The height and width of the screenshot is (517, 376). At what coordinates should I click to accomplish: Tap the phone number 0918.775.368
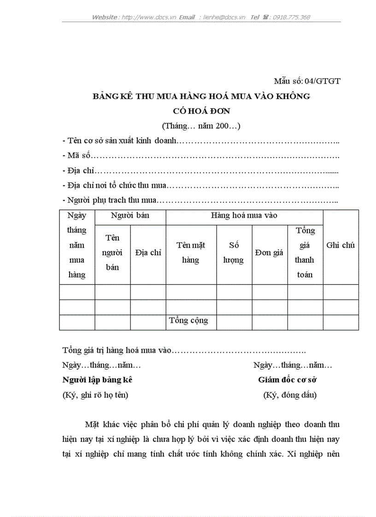click(291, 17)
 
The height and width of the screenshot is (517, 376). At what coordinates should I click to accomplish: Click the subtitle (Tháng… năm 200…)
click(201, 125)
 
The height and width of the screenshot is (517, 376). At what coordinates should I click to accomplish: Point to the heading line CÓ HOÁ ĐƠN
click(201, 111)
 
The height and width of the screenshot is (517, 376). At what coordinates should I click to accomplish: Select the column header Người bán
click(130, 215)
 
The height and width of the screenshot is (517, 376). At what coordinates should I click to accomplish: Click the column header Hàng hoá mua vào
click(244, 215)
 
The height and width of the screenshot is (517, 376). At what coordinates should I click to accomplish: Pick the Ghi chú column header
click(341, 245)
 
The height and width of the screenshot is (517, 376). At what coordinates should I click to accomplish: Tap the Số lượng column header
click(234, 253)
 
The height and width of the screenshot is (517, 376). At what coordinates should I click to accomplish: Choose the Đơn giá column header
click(269, 253)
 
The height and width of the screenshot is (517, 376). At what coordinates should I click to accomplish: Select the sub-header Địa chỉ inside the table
click(148, 253)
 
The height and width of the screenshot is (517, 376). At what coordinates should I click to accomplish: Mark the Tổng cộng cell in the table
click(188, 320)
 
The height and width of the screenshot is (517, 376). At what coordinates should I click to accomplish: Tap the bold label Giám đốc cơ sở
click(287, 380)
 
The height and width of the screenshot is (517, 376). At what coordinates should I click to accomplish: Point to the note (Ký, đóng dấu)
click(290, 395)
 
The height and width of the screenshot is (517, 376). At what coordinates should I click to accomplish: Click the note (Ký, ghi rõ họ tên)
click(95, 395)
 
